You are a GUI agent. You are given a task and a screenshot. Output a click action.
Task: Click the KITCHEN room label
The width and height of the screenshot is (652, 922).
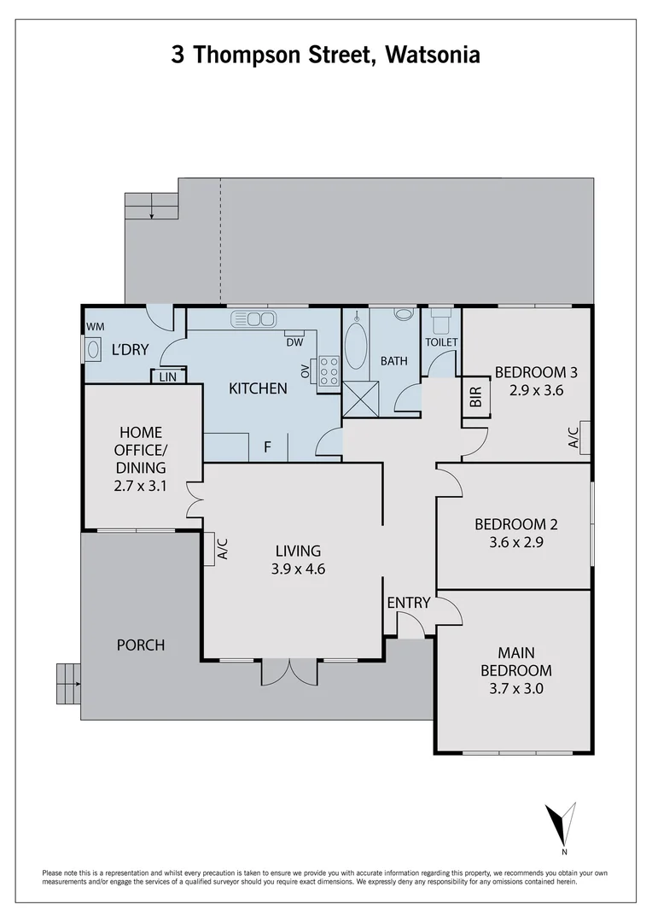tap(258, 388)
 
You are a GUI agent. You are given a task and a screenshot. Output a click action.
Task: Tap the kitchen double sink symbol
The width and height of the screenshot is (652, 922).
tap(253, 318)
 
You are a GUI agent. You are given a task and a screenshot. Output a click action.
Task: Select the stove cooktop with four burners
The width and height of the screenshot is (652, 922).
tap(329, 372)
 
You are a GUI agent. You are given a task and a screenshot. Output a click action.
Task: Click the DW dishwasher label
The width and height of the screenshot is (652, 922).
tap(294, 342)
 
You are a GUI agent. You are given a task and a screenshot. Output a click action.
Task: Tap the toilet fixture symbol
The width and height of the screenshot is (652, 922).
tap(441, 322)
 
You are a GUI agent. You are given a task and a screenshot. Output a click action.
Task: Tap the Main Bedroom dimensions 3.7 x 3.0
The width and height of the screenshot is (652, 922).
tap(514, 688)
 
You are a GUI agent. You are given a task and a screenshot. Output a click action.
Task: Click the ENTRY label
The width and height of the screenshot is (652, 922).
tap(409, 603)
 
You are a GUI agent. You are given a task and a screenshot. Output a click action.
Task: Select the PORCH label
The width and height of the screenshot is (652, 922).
tap(141, 645)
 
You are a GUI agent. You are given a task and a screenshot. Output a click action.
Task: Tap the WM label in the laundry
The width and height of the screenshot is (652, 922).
tap(95, 326)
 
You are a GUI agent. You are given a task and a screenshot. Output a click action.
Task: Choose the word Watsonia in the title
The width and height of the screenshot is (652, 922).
tap(433, 55)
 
